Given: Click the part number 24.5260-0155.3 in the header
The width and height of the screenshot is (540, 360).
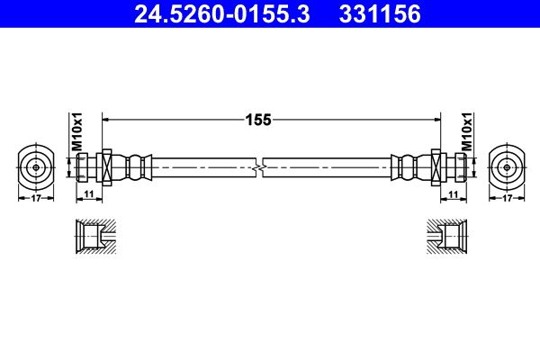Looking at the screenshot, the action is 221,14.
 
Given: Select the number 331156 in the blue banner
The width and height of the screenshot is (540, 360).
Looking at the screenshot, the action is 380,14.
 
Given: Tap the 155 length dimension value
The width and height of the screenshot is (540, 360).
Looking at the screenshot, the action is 258,120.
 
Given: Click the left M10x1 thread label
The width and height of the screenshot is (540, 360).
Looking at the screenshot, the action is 77,132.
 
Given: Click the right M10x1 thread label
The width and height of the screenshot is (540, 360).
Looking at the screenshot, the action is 467,132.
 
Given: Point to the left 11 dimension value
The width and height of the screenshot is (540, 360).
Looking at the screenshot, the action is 89,194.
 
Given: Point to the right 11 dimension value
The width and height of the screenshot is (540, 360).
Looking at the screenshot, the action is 454,194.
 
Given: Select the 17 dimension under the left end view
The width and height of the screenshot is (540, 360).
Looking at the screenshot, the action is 36,198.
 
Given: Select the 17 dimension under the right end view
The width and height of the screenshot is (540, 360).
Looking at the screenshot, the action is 507,198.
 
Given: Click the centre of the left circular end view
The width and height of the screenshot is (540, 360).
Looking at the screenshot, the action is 36,167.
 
